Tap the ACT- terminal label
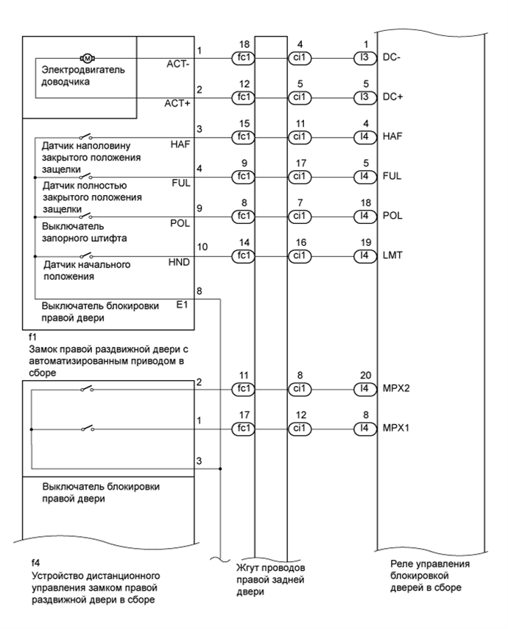(180, 64)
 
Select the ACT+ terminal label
(178, 104)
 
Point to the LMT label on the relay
(392, 255)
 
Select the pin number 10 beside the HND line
(203, 247)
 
